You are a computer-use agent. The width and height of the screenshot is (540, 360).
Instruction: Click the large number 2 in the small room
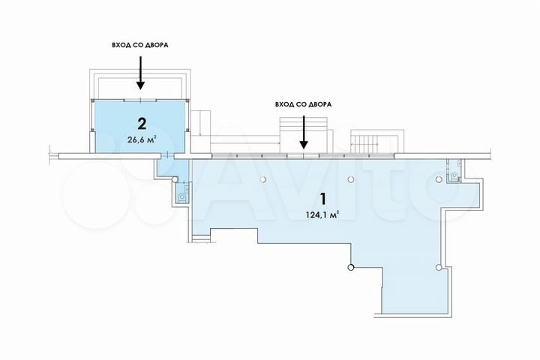coord(140,122)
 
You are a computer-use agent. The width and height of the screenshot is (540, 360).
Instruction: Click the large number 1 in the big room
coord(322,199)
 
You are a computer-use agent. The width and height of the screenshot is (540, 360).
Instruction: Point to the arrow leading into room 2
coord(140,72)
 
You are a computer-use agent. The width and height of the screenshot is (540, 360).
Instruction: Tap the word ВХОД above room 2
coord(121,44)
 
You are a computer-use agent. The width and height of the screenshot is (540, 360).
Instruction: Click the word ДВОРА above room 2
coord(156,44)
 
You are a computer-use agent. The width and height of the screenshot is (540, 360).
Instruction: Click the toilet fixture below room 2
coord(182,194)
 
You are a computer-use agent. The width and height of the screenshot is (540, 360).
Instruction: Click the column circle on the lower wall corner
coord(349,268)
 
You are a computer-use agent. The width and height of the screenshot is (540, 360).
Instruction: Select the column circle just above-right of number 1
coord(351,180)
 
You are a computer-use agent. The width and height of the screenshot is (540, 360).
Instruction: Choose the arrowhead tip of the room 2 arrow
coord(140,88)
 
